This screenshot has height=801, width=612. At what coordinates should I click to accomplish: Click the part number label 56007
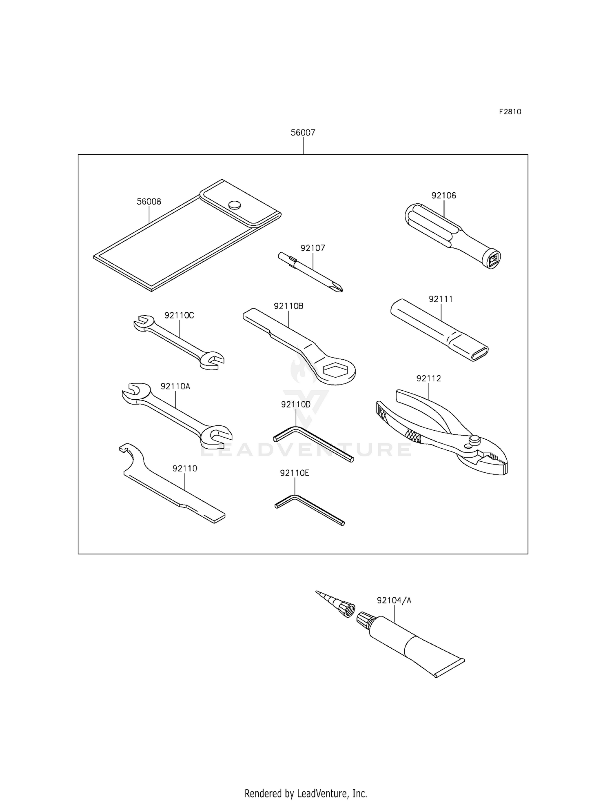click(x=303, y=133)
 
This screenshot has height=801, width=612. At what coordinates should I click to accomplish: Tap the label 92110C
click(x=179, y=315)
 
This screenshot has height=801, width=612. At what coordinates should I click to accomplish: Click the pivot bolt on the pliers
click(x=474, y=440)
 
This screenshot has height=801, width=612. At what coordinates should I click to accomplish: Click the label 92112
click(x=428, y=378)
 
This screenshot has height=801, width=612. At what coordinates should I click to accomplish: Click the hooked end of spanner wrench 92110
click(x=130, y=450)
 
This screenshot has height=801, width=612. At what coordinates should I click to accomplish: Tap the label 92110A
click(x=175, y=386)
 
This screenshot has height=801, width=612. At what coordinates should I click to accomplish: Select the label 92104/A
click(x=394, y=600)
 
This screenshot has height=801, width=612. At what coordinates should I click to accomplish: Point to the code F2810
click(x=510, y=112)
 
